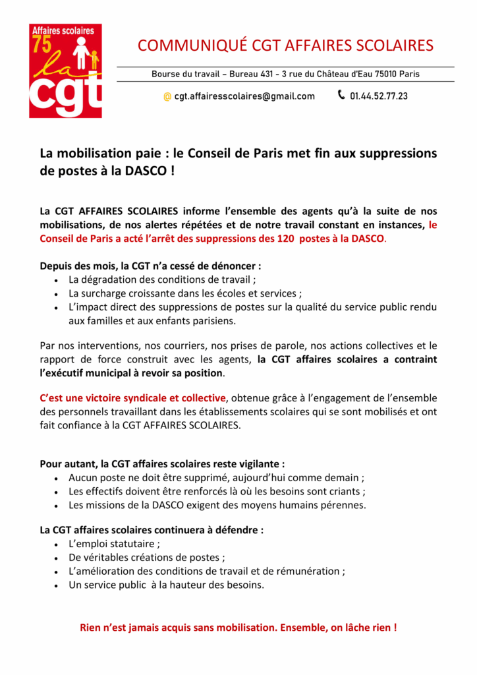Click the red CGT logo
pos(65,71)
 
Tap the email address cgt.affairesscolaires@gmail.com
pos(244,96)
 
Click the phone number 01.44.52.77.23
pos(379,96)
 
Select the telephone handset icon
pos(341,95)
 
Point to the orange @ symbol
pos(167,96)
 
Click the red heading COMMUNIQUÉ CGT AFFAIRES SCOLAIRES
pos(285,45)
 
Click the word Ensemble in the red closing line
pos(302,627)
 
